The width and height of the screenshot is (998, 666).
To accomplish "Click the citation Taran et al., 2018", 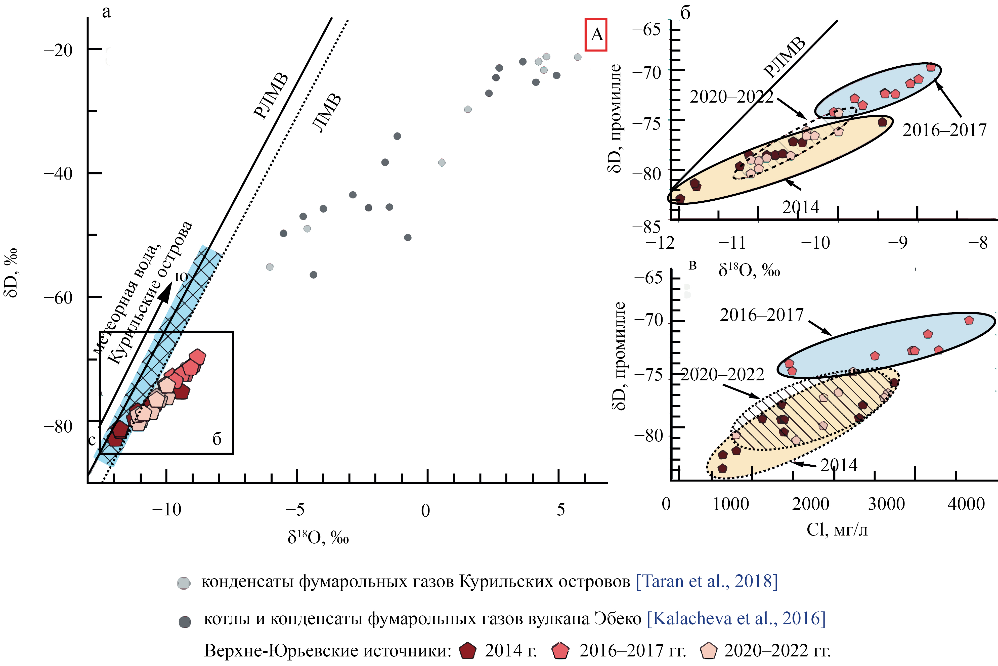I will coord(706,581).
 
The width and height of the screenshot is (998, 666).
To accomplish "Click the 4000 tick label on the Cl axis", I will coord(966,504).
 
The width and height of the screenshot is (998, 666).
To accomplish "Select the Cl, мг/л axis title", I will coord(837,530).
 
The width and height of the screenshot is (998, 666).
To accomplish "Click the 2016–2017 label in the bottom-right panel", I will coord(761,315).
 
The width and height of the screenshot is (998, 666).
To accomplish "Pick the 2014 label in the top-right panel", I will coord(801,207).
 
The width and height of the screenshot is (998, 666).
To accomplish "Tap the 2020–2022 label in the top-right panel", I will coord(731,97).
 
